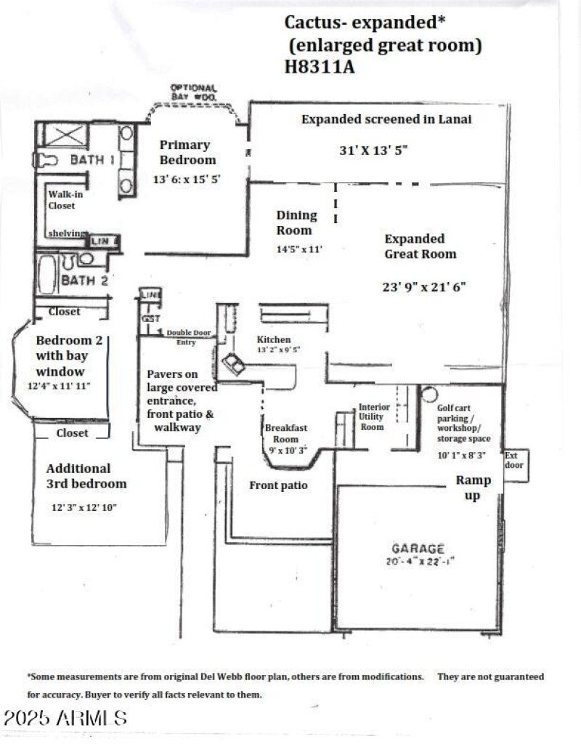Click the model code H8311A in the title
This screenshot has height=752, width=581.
pyautogui.click(x=319, y=67)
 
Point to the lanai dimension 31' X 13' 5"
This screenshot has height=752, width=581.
pyautogui.click(x=374, y=150)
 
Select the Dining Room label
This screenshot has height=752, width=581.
pyautogui.click(x=296, y=222)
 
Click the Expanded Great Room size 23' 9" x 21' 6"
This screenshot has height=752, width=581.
pyautogui.click(x=424, y=286)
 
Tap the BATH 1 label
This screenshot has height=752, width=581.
pyautogui.click(x=92, y=159)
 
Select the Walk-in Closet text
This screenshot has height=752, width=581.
pyautogui.click(x=62, y=200)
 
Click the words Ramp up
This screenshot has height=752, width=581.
pyautogui.click(x=473, y=488)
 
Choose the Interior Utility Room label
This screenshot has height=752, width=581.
pyautogui.click(x=374, y=417)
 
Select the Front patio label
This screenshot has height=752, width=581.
pyautogui.click(x=278, y=485)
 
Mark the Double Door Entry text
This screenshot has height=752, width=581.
pyautogui.click(x=188, y=336)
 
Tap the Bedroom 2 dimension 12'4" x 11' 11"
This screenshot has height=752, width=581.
pyautogui.click(x=59, y=386)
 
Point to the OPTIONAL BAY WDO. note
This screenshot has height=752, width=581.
pyautogui.click(x=193, y=92)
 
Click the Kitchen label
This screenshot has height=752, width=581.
pyautogui.click(x=274, y=339)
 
